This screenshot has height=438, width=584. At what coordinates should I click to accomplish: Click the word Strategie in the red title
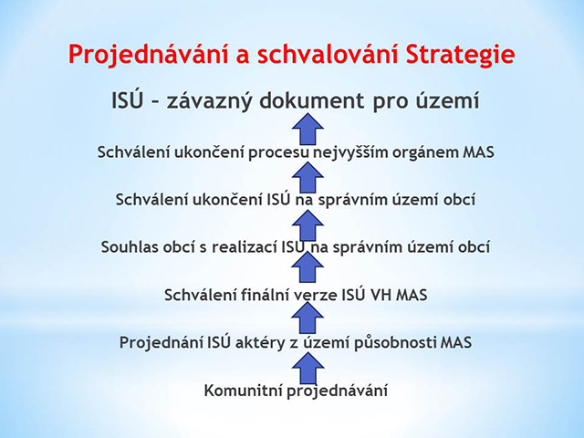461,55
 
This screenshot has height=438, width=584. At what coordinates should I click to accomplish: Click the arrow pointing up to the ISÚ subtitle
308,129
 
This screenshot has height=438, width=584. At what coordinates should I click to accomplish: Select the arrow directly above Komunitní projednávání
308,368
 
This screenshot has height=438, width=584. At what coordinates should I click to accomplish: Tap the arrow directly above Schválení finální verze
308,266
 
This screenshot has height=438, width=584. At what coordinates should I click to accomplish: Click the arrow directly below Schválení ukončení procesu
308,177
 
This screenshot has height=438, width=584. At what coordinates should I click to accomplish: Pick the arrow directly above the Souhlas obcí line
308,224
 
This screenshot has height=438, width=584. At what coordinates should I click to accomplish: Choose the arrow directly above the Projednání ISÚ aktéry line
308,317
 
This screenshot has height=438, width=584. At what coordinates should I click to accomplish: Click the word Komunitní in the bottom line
244,391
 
